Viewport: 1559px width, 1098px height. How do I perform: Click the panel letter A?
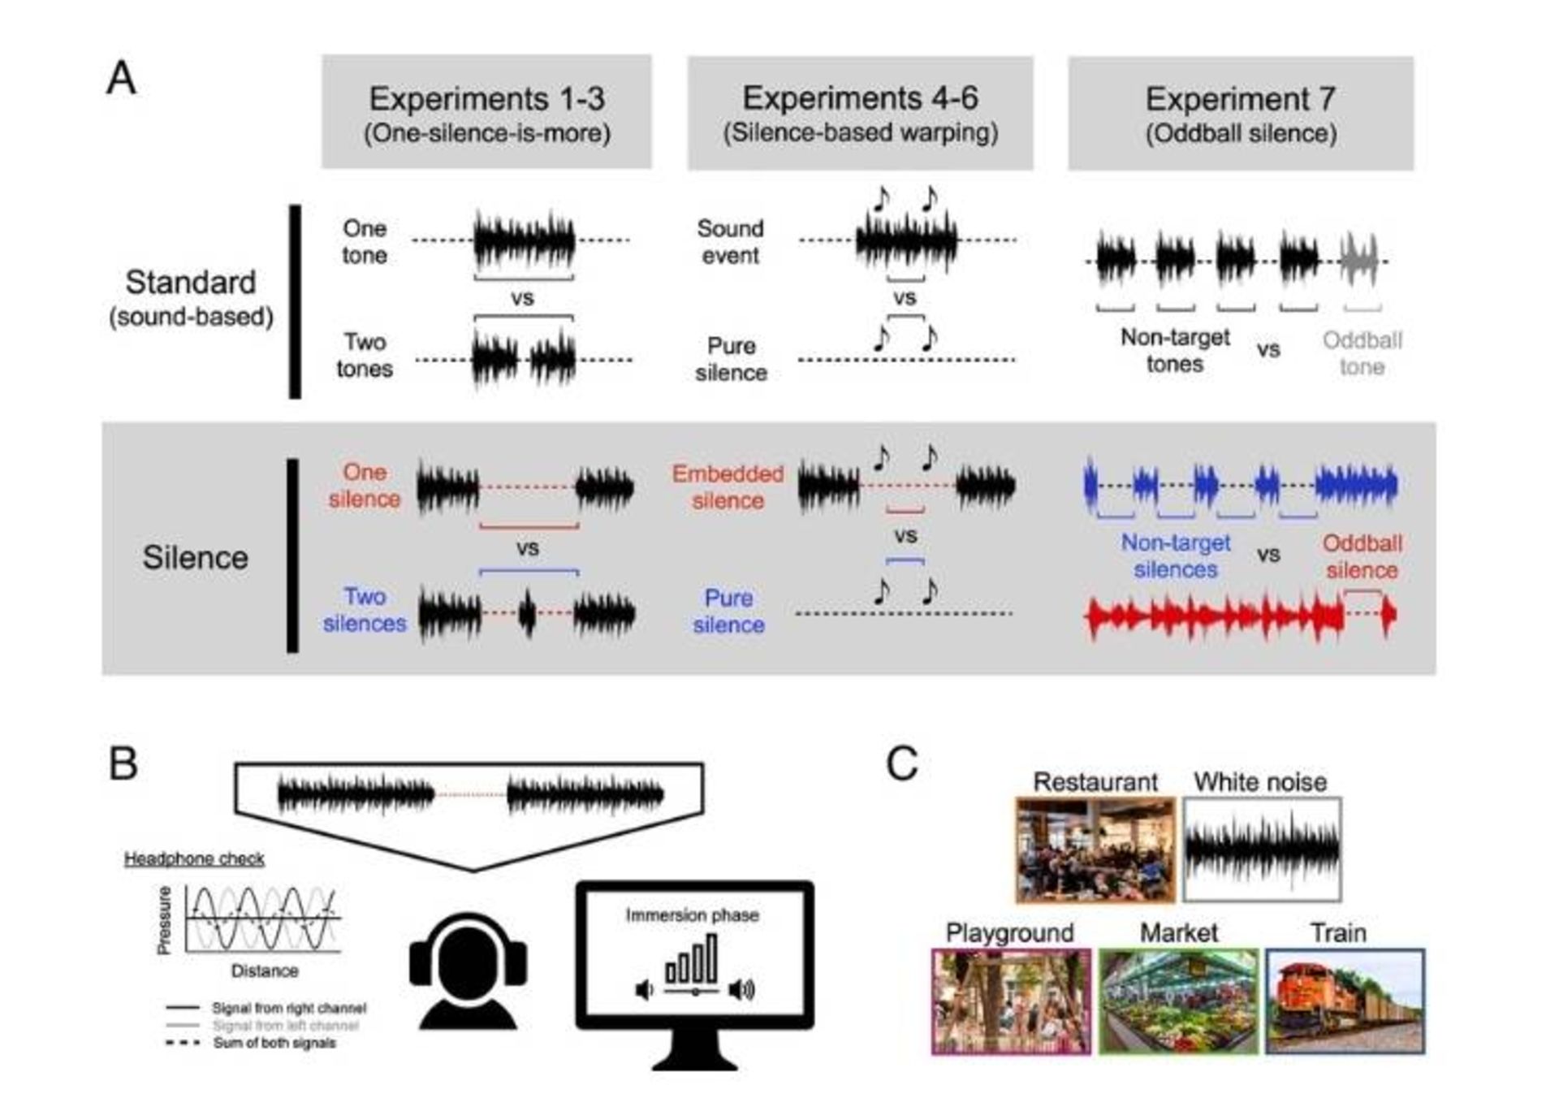pyautogui.click(x=122, y=79)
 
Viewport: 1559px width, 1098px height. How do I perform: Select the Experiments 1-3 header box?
pyautogui.click(x=486, y=112)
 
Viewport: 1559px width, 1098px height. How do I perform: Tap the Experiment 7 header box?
pyautogui.click(x=1240, y=113)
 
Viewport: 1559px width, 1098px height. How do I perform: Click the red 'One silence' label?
pyautogui.click(x=364, y=486)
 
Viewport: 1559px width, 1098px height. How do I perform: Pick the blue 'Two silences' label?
pyautogui.click(x=364, y=610)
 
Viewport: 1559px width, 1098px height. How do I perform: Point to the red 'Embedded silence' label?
pyautogui.click(x=728, y=486)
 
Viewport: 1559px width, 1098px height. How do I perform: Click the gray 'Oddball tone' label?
pyautogui.click(x=1362, y=353)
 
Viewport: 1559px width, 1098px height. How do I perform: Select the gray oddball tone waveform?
pyautogui.click(x=1359, y=260)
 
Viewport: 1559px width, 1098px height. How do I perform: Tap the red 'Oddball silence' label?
pyautogui.click(x=1362, y=556)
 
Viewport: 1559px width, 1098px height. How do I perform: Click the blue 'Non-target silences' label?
pyautogui.click(x=1175, y=556)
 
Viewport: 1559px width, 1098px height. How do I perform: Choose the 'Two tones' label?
pyautogui.click(x=364, y=355)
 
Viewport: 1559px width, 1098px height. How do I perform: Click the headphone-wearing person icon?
pyautogui.click(x=469, y=970)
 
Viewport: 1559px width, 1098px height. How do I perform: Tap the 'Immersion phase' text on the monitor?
pyautogui.click(x=692, y=915)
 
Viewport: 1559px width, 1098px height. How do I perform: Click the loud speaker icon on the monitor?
pyautogui.click(x=742, y=989)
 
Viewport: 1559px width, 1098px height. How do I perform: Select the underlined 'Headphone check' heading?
pyautogui.click(x=194, y=858)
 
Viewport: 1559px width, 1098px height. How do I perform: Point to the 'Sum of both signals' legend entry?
pyautogui.click(x=274, y=1043)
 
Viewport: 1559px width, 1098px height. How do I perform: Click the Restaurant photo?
pyautogui.click(x=1095, y=849)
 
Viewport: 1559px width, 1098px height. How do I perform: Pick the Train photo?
pyautogui.click(x=1345, y=1001)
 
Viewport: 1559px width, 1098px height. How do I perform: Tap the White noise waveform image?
pyautogui.click(x=1261, y=849)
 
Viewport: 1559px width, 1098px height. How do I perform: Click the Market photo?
pyautogui.click(x=1178, y=1001)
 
